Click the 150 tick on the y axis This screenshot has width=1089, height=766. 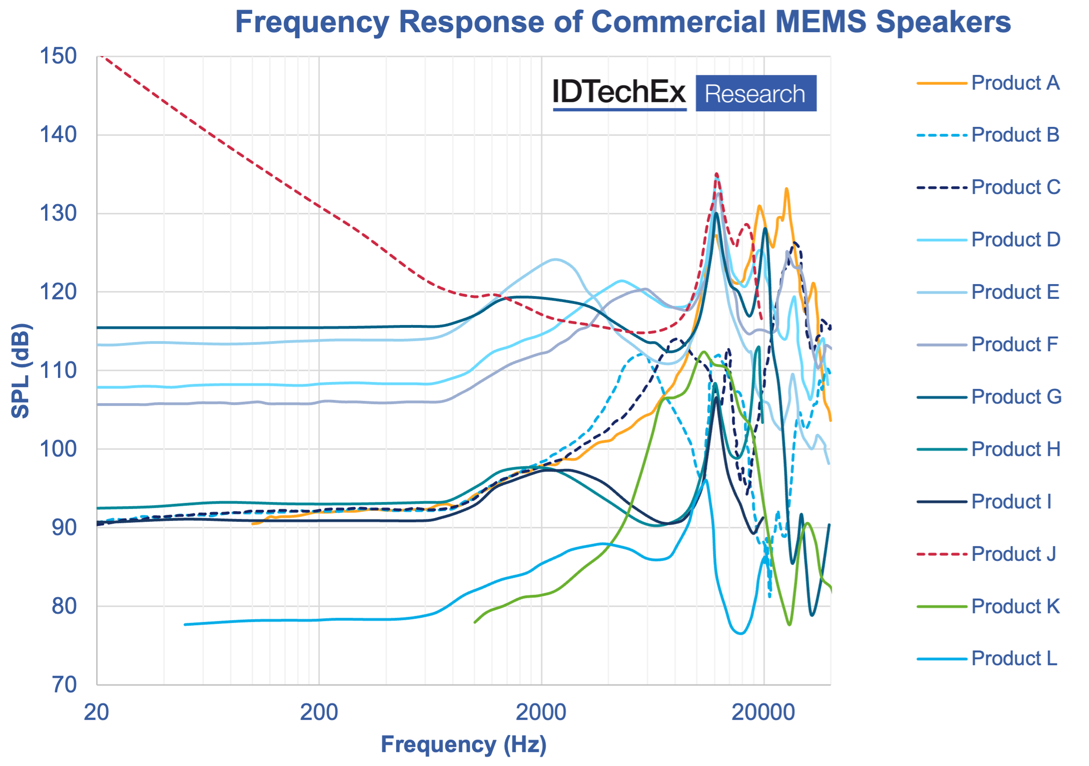coord(58,57)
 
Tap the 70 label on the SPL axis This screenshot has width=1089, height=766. coord(64,685)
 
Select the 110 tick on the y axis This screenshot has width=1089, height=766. coord(58,371)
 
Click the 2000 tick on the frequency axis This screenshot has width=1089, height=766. coord(541,713)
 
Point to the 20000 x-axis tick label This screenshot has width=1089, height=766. coord(763,713)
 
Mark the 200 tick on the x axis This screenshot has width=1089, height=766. coord(319,713)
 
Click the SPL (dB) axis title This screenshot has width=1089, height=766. coord(21,371)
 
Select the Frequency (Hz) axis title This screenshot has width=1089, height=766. coord(463,745)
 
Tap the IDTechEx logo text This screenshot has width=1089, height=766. coord(619,92)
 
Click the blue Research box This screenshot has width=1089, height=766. coord(755,93)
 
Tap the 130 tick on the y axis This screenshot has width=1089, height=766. coord(58,214)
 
